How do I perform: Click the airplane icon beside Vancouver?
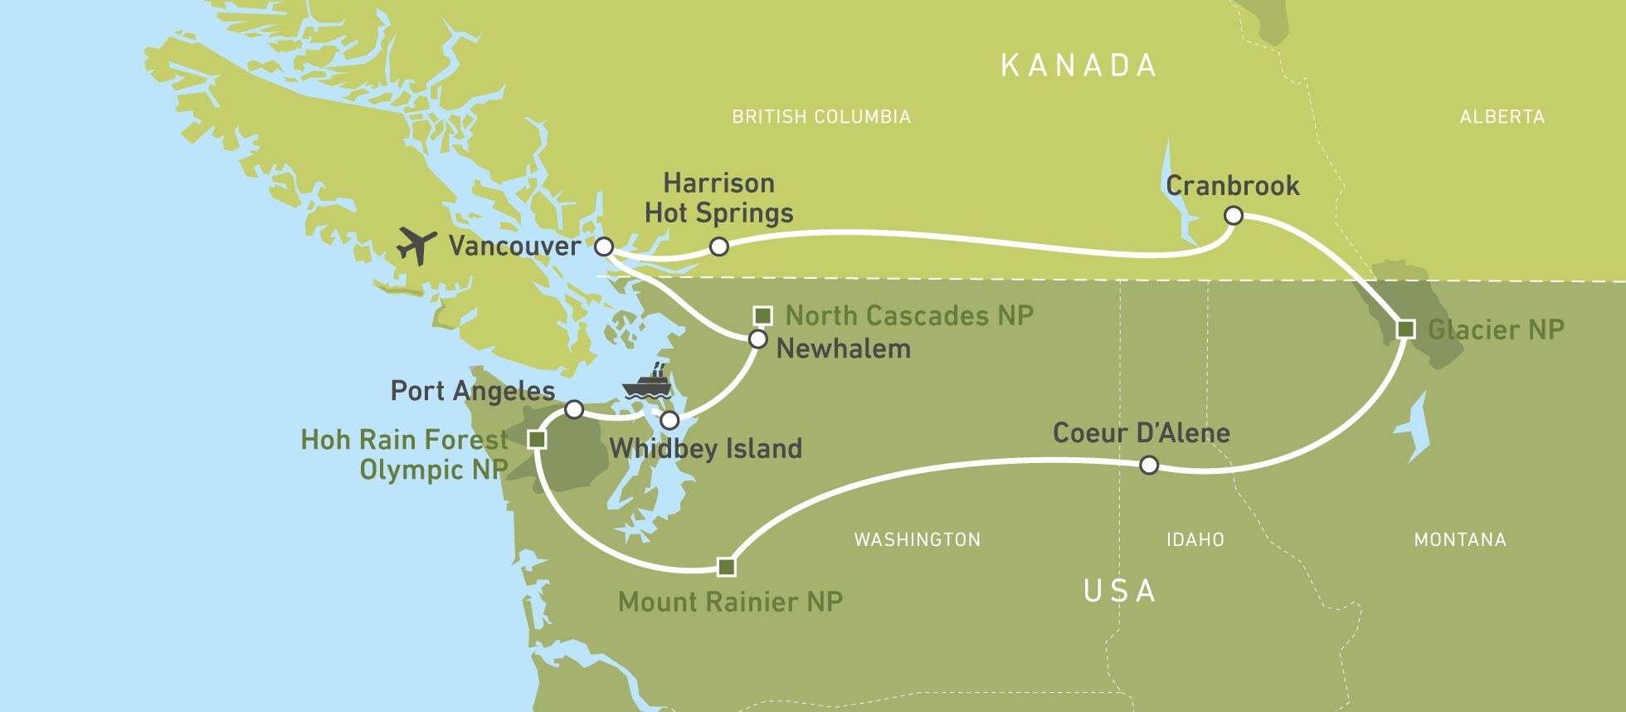(416, 245)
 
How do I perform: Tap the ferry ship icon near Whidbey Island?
(646, 383)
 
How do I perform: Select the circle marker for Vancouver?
(604, 246)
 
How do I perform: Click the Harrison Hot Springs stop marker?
(719, 246)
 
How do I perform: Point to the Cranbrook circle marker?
(1234, 216)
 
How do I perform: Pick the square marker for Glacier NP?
(1405, 329)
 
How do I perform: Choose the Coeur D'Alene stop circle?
(1148, 466)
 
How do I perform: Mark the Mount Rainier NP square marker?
(726, 567)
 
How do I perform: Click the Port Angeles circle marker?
(573, 409)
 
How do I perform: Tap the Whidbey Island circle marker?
(669, 419)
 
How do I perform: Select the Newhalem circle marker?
(757, 339)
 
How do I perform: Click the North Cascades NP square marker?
(762, 315)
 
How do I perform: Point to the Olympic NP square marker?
(537, 439)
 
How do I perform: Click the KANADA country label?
(1078, 66)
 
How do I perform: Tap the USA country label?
(1119, 591)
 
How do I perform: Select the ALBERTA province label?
(1502, 117)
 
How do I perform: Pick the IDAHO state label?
(1195, 540)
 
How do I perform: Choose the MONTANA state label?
(1459, 540)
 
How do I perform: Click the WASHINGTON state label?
(917, 540)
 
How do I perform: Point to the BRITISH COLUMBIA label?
(821, 117)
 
